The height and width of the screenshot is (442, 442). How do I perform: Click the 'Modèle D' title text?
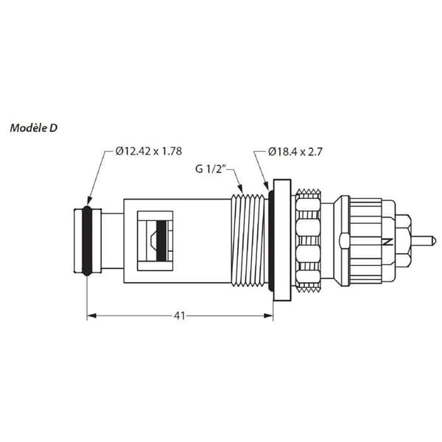click(34, 128)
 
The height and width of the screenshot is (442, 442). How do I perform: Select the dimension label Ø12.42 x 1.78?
click(149, 151)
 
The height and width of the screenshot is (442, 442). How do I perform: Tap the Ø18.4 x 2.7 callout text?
click(295, 152)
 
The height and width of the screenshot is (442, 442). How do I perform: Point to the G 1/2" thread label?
click(210, 169)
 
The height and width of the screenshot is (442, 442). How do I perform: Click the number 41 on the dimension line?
click(180, 316)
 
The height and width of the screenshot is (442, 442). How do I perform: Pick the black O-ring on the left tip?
click(87, 240)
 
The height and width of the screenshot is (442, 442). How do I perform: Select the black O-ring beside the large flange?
click(271, 240)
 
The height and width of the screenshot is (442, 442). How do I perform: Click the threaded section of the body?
click(249, 240)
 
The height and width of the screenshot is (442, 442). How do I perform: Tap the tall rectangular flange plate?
click(282, 240)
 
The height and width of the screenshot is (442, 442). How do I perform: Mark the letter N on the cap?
click(387, 242)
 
